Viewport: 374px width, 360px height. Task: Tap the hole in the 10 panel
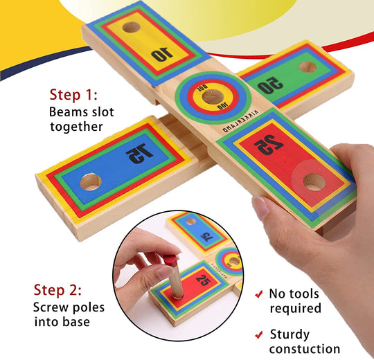click(x=130, y=28)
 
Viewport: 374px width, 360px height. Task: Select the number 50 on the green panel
click(x=271, y=86)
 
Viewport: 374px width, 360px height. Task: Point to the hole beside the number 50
click(x=308, y=67)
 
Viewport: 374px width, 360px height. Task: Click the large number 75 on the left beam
click(x=139, y=154)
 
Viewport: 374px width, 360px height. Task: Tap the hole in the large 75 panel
click(x=90, y=183)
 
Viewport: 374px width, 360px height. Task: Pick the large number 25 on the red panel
click(x=265, y=145)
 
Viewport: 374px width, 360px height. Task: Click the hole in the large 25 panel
click(x=314, y=182)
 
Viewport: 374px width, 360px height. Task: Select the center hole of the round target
click(x=211, y=96)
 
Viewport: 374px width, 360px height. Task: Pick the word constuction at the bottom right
click(x=305, y=349)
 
